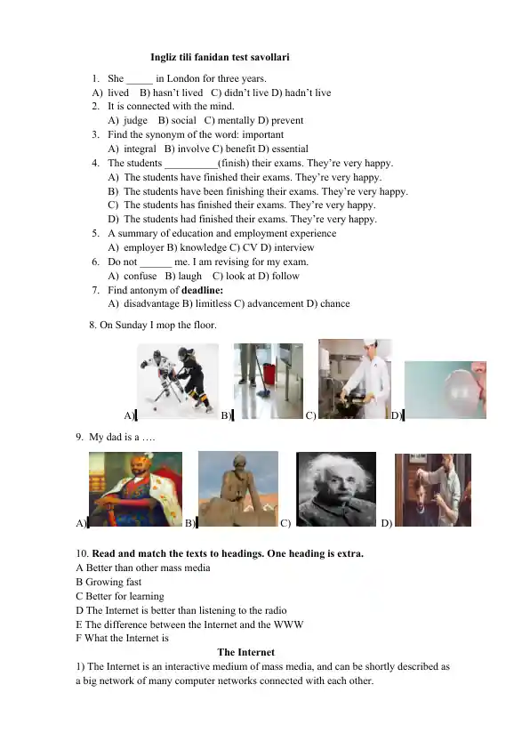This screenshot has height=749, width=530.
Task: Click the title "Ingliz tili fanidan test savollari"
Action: pos(221,57)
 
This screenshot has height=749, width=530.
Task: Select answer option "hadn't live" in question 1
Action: pos(306,93)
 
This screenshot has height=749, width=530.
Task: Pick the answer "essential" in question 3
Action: pos(287,149)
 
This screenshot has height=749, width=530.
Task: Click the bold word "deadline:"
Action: pos(202,290)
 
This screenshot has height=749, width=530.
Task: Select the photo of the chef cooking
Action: pos(355,378)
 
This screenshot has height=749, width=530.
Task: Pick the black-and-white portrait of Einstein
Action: pos(335,488)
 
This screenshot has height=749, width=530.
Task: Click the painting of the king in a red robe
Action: pos(135,489)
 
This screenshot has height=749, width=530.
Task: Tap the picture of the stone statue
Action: pos(238,488)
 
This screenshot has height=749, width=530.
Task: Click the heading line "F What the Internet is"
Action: pos(123,638)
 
